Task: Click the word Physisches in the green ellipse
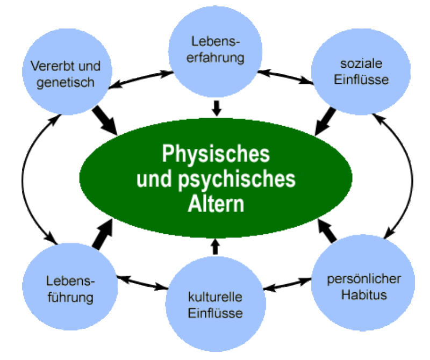[216, 155]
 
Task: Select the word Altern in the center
[216, 204]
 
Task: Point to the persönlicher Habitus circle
[363, 287]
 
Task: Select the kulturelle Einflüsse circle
[215, 304]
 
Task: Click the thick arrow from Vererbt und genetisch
[105, 119]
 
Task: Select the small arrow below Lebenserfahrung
[216, 108]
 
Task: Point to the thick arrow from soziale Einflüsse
[326, 120]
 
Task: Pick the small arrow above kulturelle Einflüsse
[216, 246]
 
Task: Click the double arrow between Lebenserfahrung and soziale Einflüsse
[286, 77]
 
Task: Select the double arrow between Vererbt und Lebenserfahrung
[142, 78]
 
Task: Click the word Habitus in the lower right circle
[363, 295]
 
